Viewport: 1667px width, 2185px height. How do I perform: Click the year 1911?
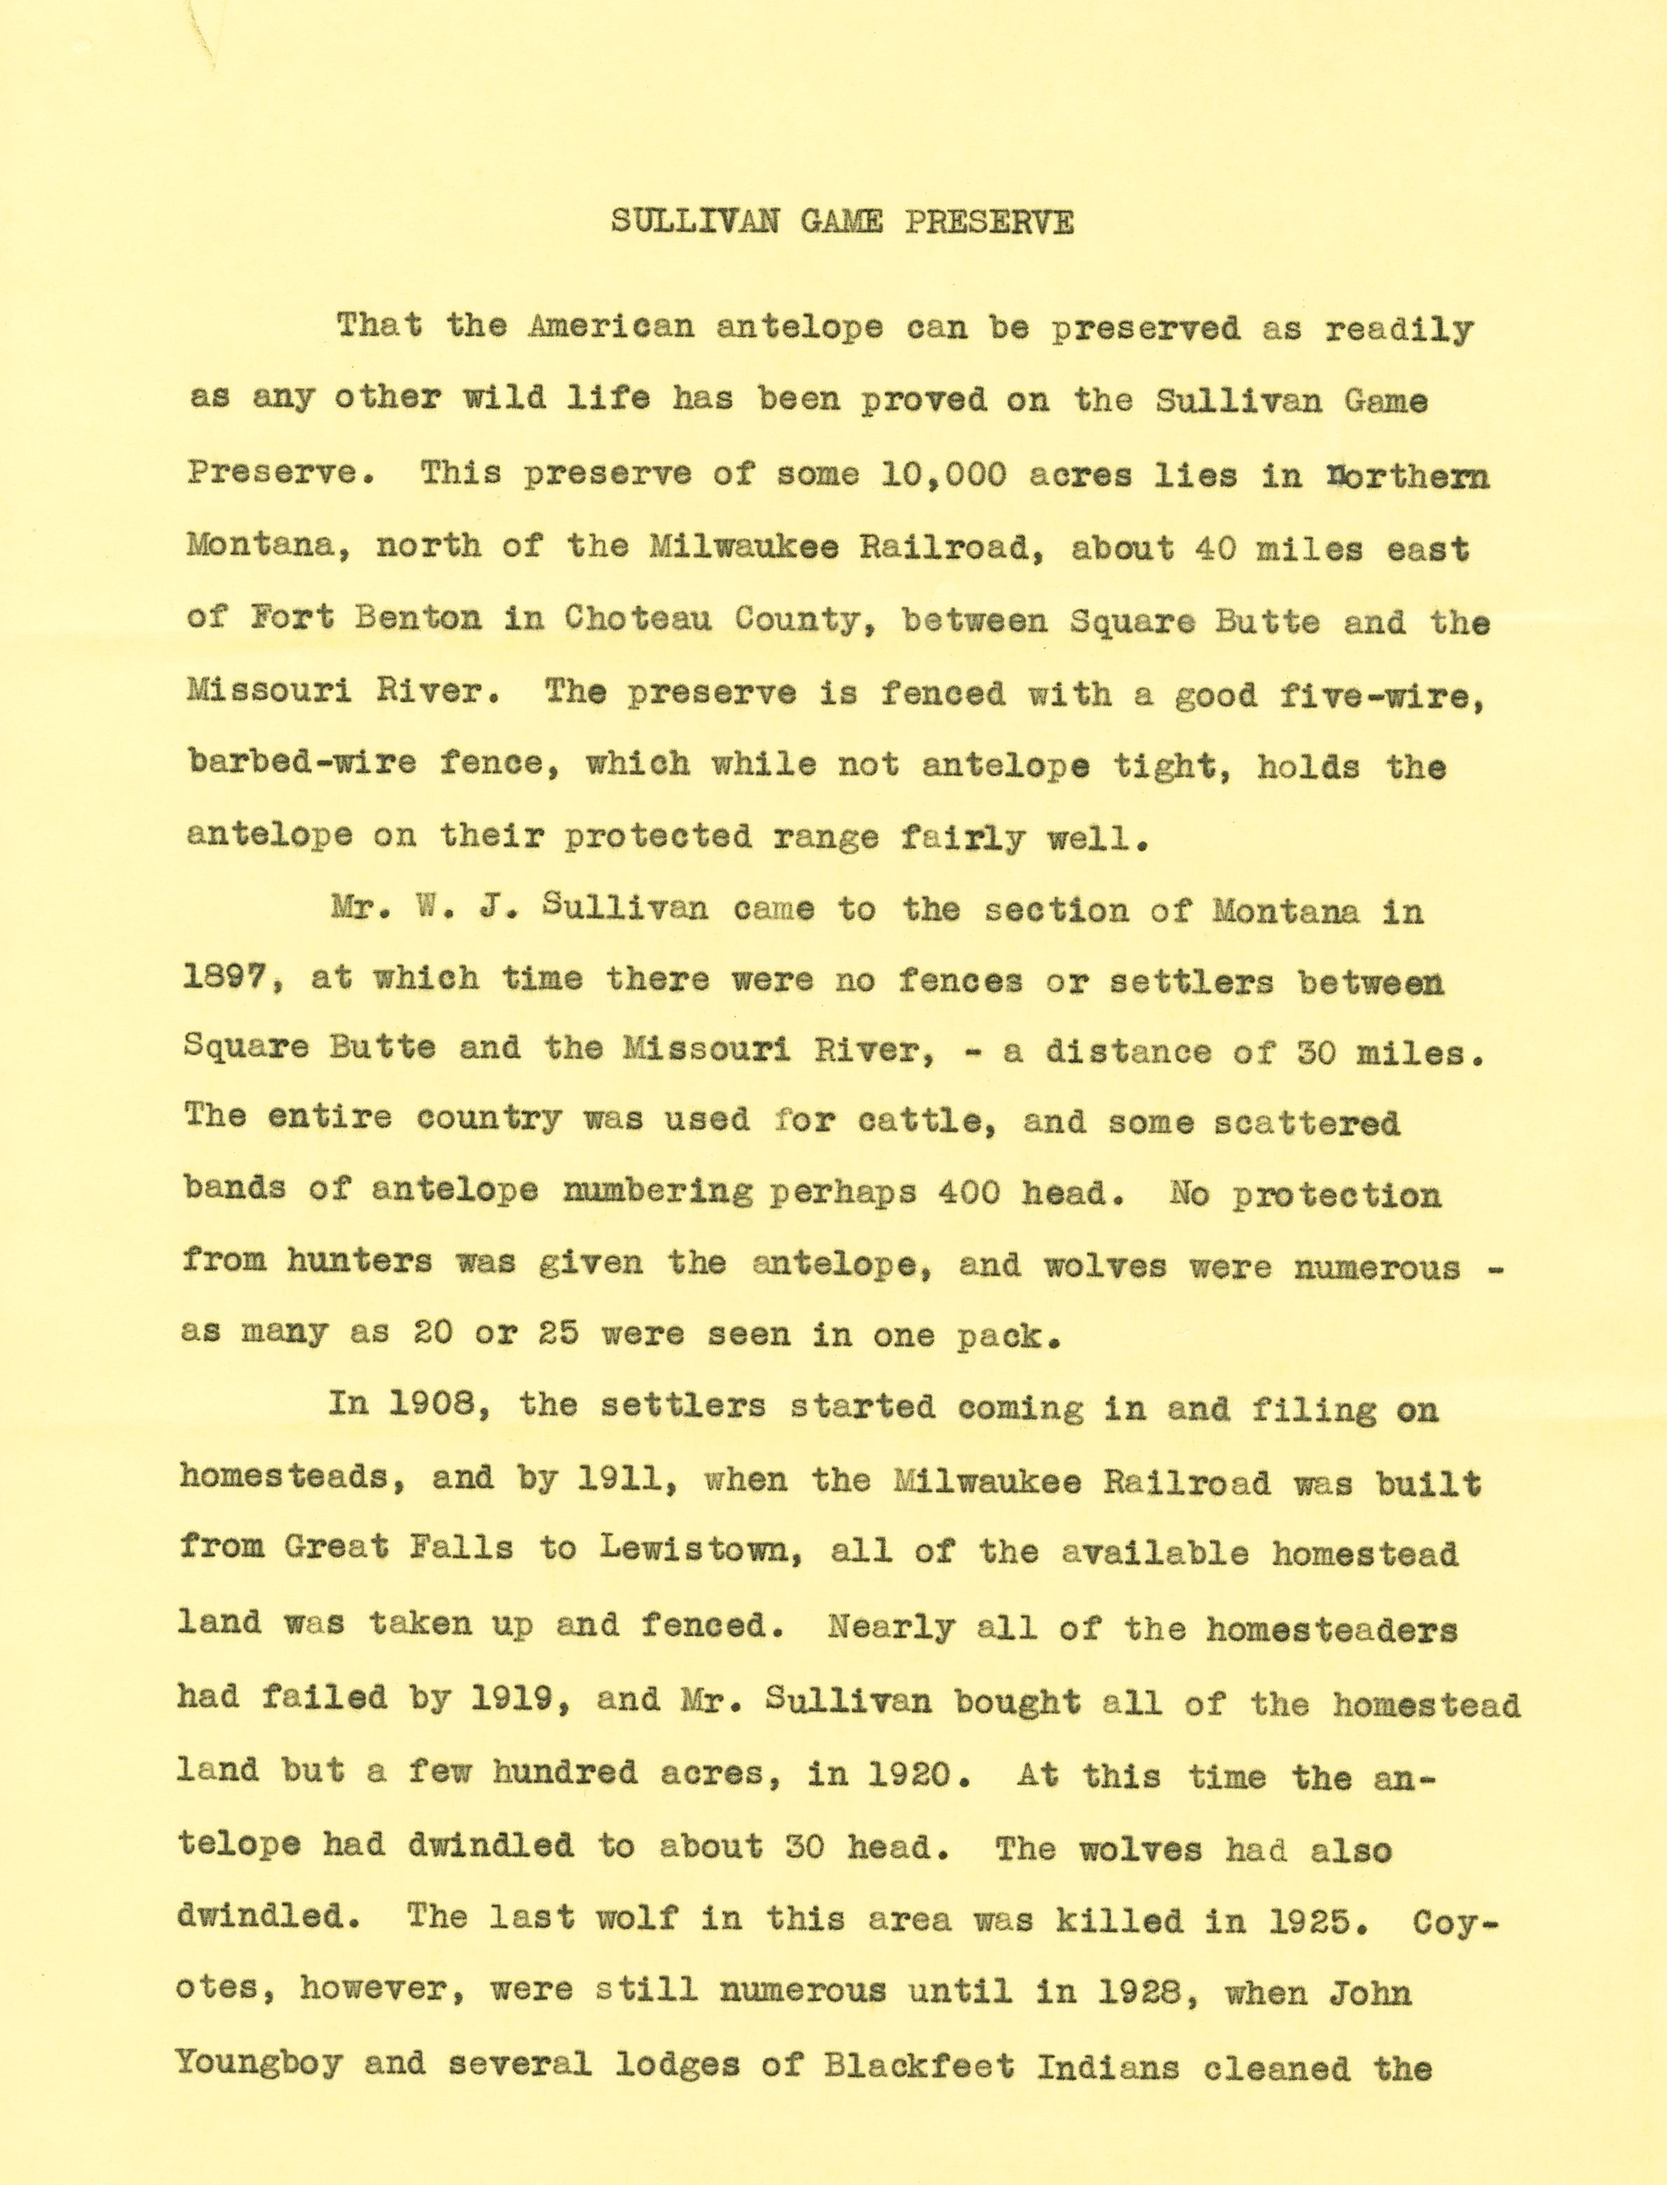click(622, 1480)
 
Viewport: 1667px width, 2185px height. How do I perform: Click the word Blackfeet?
click(919, 2065)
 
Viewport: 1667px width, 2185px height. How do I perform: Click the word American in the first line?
click(611, 327)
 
